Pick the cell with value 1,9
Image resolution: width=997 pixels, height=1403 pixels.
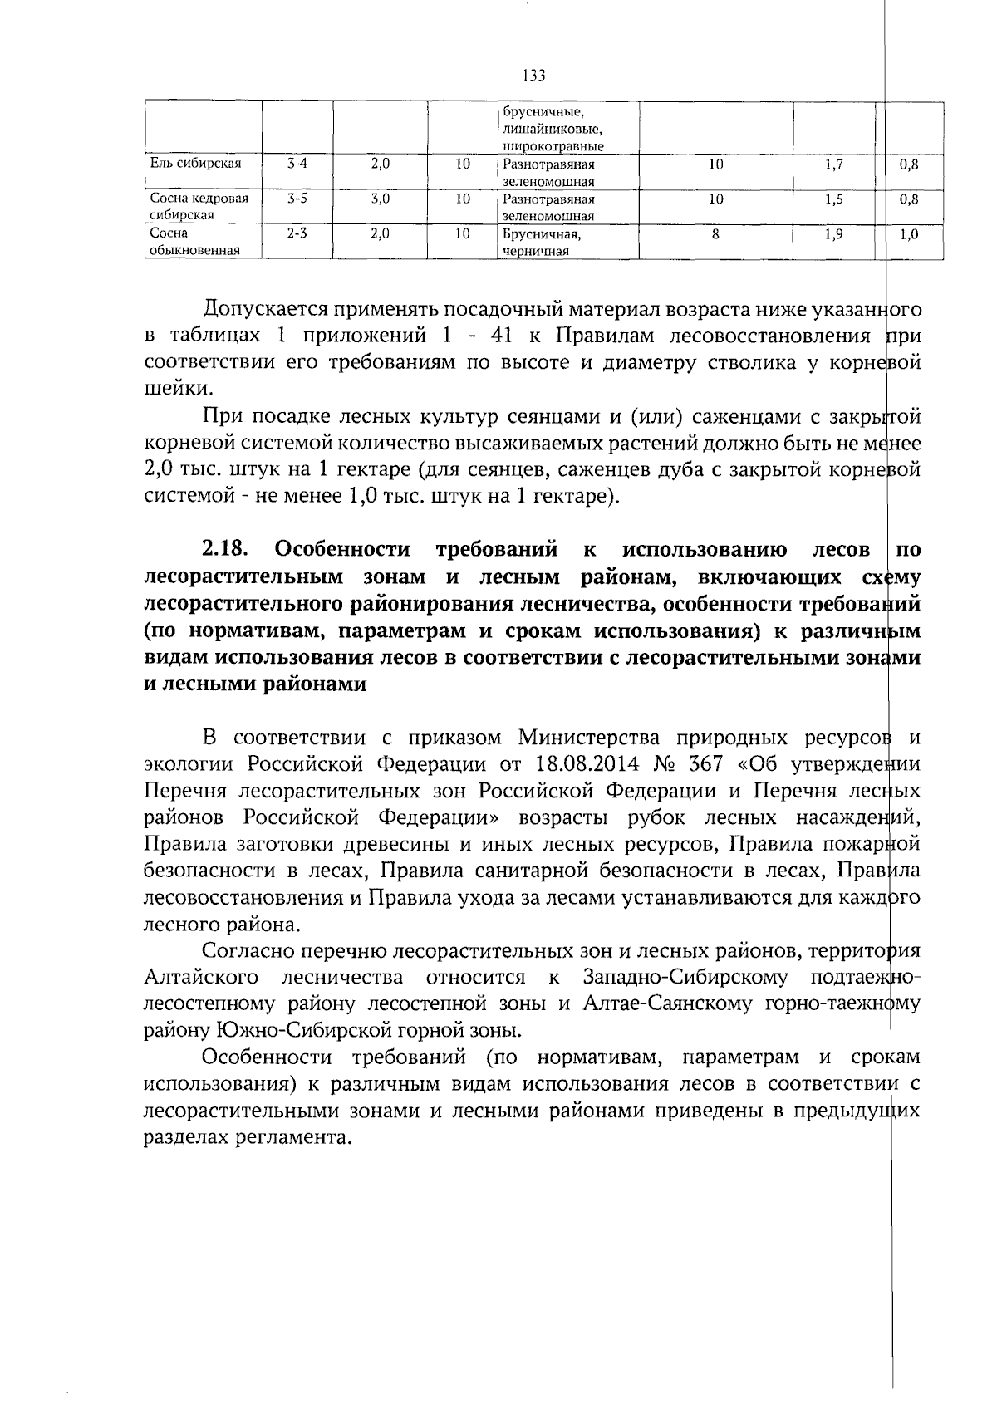(x=834, y=234)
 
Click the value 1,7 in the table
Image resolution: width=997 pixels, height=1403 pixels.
(x=834, y=164)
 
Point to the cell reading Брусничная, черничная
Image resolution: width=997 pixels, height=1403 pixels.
(x=540, y=242)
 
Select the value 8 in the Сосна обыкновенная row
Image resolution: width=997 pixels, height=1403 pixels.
(x=715, y=234)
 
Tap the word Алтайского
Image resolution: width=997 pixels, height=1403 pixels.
(x=200, y=978)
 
